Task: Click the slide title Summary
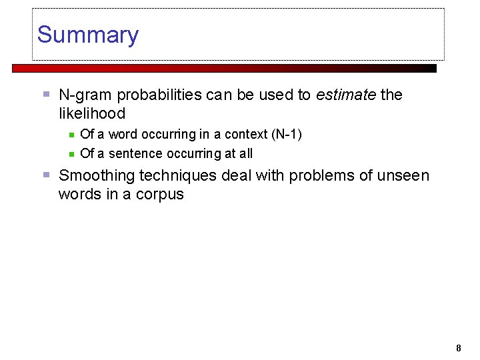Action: coord(87,35)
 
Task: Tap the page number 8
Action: coord(458,347)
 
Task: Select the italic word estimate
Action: coord(346,95)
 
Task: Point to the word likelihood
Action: coord(91,113)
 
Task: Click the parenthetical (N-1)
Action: coord(286,134)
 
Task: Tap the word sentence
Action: coord(135,153)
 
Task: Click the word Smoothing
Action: coord(97,175)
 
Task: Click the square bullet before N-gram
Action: coord(46,95)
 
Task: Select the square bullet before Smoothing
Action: coord(46,175)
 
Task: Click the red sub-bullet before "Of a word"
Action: coord(71,135)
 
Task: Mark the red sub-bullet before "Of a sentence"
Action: coord(71,154)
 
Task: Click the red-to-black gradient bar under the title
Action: coord(224,68)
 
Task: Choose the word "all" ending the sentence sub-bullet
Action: coord(246,153)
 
